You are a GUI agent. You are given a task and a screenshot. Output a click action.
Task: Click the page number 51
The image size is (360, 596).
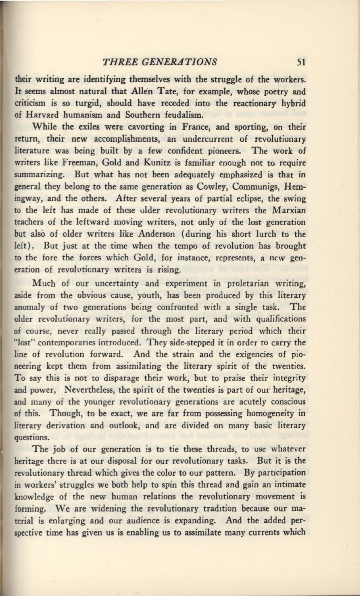301,62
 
